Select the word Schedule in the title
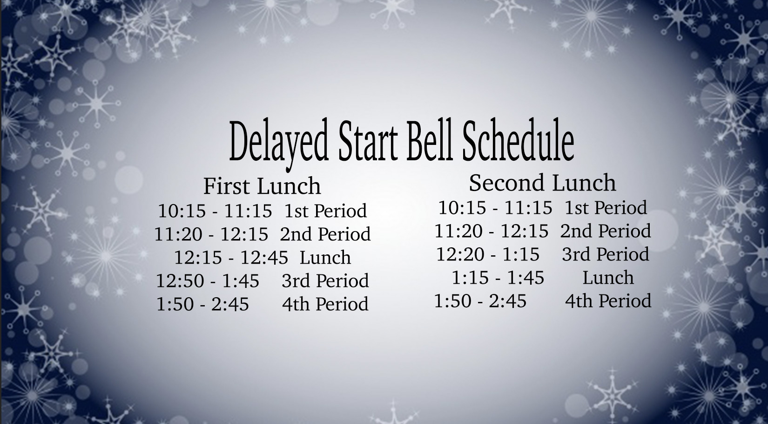click(518, 140)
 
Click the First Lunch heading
click(262, 186)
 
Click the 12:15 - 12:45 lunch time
click(231, 258)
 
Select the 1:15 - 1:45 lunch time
click(498, 277)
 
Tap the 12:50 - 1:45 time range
click(208, 280)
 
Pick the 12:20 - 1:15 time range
click(488, 254)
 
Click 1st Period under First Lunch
click(325, 211)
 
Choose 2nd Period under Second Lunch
click(606, 230)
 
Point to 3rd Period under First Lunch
click(325, 280)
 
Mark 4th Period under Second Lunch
click(608, 301)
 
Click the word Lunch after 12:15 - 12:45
click(325, 258)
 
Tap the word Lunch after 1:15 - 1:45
click(608, 277)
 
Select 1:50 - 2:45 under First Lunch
click(202, 304)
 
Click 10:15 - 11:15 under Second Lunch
click(495, 207)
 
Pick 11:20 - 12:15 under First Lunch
click(211, 234)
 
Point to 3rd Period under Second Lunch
click(606, 254)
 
